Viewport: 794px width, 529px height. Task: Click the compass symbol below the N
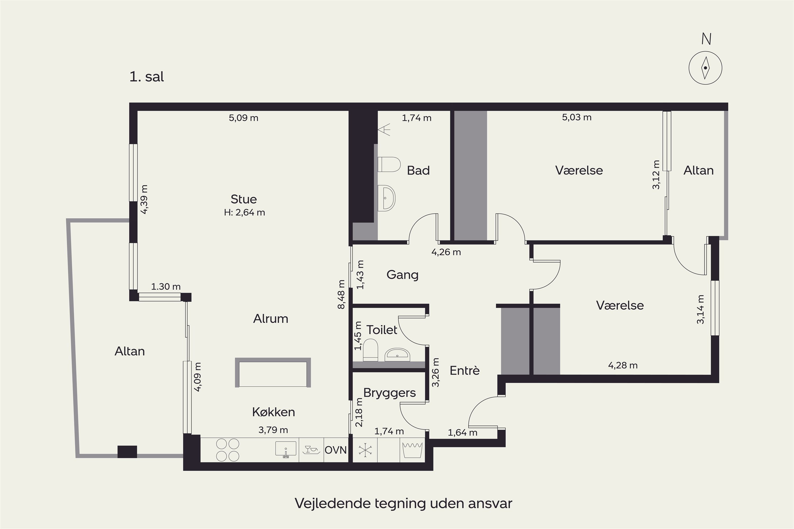705,68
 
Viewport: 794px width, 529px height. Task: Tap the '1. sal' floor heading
147,77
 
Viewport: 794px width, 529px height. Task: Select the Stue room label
244,199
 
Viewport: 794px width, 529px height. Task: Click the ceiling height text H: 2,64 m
244,213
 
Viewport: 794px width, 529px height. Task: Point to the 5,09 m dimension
243,118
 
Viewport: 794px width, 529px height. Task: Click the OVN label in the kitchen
336,450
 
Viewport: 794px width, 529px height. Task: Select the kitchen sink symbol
286,450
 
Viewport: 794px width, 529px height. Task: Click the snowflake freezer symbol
365,450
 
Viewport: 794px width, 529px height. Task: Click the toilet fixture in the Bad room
389,164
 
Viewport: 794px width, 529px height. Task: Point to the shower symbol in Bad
384,130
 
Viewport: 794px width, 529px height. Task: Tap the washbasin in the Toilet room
397,355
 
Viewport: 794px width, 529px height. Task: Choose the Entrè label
464,371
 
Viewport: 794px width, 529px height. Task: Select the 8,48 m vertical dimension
341,294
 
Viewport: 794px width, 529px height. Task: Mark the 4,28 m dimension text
623,365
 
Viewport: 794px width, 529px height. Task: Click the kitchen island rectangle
273,372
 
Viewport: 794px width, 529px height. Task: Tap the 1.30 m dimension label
166,287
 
